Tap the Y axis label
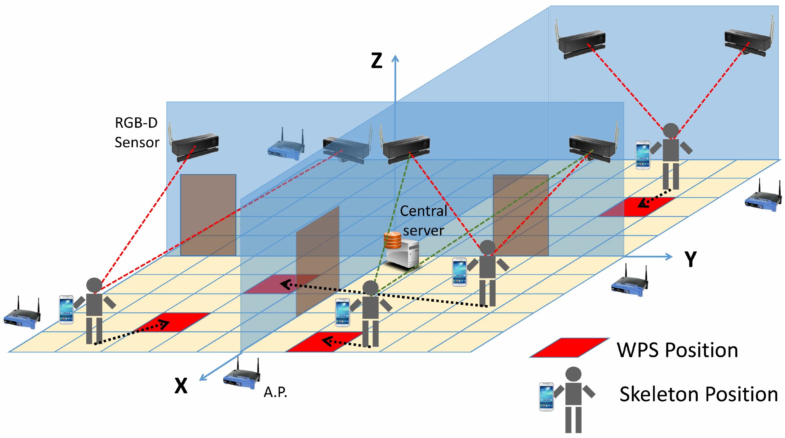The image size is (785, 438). click(690, 259)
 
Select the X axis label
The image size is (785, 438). click(181, 386)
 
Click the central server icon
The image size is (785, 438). click(402, 251)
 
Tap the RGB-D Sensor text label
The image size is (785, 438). click(137, 132)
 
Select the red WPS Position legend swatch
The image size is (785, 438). click(569, 347)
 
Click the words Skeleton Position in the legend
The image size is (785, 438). click(698, 394)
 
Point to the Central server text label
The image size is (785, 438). click(424, 220)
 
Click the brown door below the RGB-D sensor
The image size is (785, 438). click(208, 215)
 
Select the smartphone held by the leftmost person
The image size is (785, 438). click(66, 309)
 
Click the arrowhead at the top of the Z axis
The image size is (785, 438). click(395, 58)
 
